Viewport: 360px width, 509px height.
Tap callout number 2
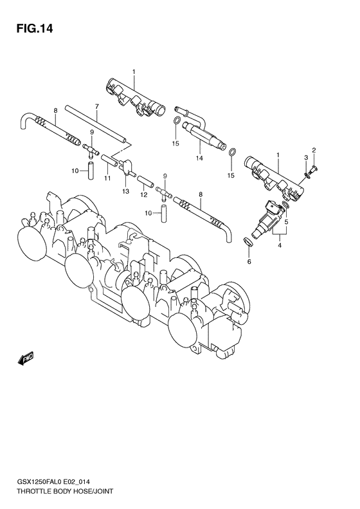pos(314,151)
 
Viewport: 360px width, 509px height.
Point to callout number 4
pos(280,245)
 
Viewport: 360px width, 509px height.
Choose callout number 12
pos(144,195)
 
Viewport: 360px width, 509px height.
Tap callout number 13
pos(126,192)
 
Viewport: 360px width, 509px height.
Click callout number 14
pos(199,158)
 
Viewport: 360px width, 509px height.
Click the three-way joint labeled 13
pos(126,166)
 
